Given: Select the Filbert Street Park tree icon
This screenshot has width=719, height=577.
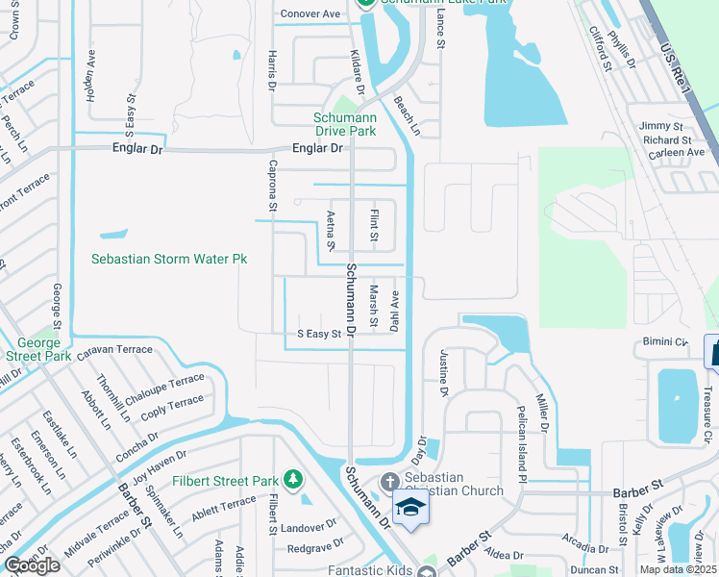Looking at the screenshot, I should click(x=293, y=479).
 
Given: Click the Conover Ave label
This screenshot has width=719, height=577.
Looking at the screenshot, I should click(x=310, y=13).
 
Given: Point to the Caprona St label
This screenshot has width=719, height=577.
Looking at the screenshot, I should click(x=272, y=187).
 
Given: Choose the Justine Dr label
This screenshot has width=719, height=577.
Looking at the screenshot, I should click(x=444, y=372).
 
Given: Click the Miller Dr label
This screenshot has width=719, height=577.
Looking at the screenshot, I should click(x=542, y=411).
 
